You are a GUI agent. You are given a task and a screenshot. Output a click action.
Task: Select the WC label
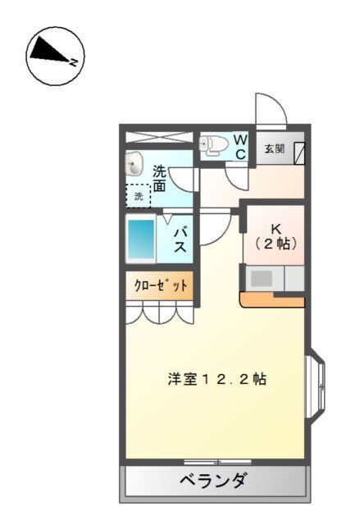tap(241, 148)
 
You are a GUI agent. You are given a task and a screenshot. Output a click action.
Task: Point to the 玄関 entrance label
tap(274, 149)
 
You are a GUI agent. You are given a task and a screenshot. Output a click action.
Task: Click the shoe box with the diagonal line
tap(300, 152)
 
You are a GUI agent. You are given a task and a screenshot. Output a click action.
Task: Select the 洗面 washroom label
tap(159, 179)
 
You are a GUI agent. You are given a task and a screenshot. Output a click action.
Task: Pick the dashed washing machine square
tap(139, 196)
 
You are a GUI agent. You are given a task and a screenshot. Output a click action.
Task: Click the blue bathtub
tap(143, 239)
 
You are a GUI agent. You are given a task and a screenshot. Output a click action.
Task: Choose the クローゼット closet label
tap(160, 286)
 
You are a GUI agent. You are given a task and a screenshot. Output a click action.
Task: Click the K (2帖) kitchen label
tap(275, 237)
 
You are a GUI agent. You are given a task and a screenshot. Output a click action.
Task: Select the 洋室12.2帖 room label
tap(217, 380)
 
